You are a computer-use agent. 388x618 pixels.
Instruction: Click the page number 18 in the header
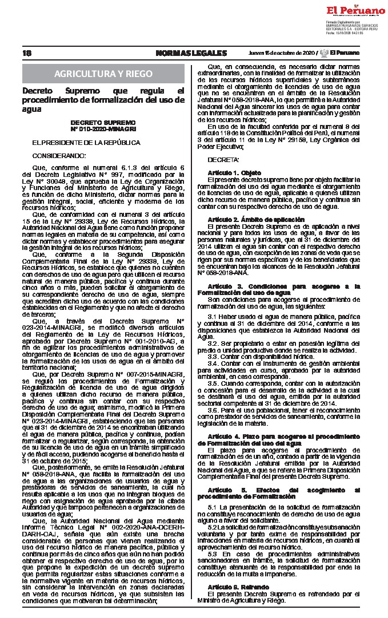[27, 53]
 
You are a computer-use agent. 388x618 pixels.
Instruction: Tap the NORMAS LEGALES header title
[191, 53]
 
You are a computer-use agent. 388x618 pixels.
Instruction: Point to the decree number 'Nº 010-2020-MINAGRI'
[103, 130]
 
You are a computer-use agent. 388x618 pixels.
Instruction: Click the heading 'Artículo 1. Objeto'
[234, 172]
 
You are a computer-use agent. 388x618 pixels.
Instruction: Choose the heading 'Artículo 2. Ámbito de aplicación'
[252, 219]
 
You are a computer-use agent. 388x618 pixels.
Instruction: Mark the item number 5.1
[213, 507]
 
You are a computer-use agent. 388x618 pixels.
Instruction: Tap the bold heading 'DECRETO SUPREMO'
[103, 123]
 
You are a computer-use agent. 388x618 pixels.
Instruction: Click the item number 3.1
[213, 316]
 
